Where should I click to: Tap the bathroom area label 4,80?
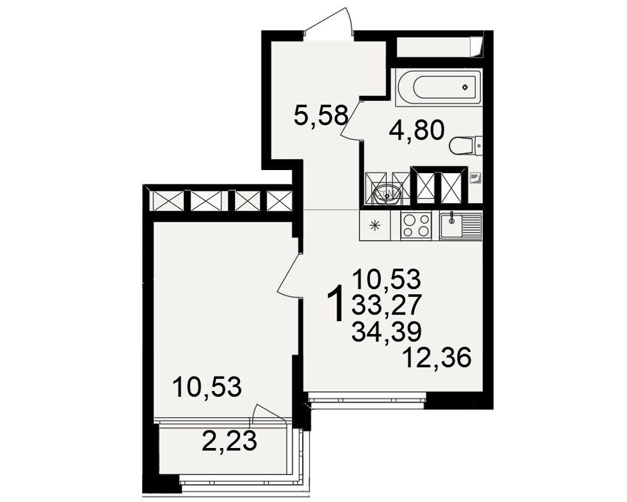417,131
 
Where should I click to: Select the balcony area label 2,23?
229,442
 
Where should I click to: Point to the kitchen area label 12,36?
437,358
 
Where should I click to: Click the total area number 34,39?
387,331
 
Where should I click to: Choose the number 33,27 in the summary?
387,305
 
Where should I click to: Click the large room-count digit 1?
336,302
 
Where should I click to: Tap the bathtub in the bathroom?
439,87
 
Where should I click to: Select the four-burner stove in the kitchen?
416,226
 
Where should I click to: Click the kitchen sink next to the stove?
461,226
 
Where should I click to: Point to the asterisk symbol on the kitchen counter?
375,226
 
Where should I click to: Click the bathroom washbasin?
387,194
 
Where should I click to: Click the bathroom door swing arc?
350,120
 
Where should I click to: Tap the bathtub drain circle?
465,87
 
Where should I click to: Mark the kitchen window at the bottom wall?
366,400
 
